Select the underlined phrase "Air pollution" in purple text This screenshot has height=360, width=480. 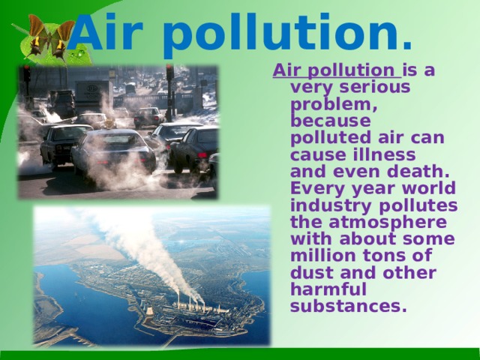pyautogui.click(x=337, y=70)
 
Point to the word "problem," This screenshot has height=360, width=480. pyautogui.click(x=334, y=105)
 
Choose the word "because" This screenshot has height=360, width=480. pyautogui.click(x=330, y=120)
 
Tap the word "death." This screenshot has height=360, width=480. pyautogui.click(x=418, y=171)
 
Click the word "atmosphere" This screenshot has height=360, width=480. pyautogui.click(x=388, y=223)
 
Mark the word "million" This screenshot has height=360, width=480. pyautogui.click(x=323, y=256)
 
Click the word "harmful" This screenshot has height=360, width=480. pyautogui.click(x=328, y=289)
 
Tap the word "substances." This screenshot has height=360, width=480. pyautogui.click(x=348, y=306)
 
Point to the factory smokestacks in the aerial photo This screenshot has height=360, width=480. pyautogui.click(x=190, y=301)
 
